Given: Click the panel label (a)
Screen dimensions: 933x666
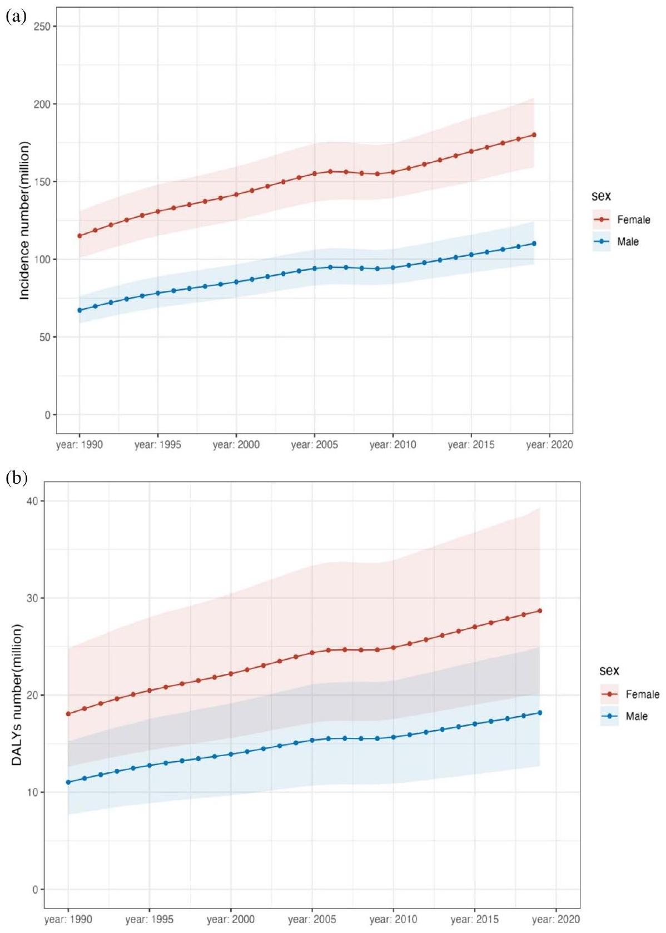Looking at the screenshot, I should click(15, 17).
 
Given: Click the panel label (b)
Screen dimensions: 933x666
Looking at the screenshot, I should click(16, 478).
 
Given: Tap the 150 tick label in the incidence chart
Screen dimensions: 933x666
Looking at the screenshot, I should click(42, 182).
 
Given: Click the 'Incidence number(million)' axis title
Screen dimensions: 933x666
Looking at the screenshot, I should click(24, 221).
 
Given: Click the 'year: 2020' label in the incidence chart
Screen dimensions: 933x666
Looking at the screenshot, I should click(549, 445).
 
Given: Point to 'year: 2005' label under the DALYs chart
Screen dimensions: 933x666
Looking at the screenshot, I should click(312, 920).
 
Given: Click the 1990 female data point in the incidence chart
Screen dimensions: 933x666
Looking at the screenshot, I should click(79, 236).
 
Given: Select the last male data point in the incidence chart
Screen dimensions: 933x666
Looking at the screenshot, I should click(534, 244).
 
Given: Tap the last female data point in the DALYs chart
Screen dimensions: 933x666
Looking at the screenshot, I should click(540, 611).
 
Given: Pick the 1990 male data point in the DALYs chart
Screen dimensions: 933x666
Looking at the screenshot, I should click(68, 782).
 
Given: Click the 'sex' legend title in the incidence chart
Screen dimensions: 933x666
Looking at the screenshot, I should click(601, 196).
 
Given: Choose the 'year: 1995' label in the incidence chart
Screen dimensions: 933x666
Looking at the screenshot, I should click(158, 445).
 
